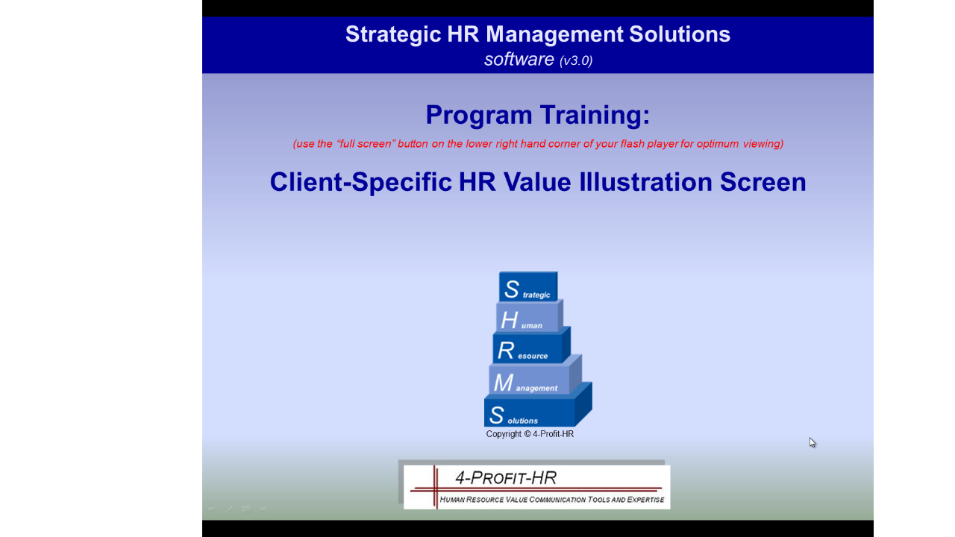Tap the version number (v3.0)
[x=576, y=60]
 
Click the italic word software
[x=519, y=59]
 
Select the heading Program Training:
[x=538, y=115]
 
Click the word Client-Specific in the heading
[x=360, y=182]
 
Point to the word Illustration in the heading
[x=645, y=182]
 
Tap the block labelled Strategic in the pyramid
[x=528, y=287]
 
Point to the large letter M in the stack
[x=504, y=383]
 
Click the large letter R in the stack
[x=506, y=351]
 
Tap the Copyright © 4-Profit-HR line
[x=530, y=434]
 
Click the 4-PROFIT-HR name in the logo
[x=506, y=478]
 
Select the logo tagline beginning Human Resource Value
[x=551, y=500]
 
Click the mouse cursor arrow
[x=812, y=442]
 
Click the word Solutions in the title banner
[x=680, y=35]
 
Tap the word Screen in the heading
[x=763, y=182]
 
